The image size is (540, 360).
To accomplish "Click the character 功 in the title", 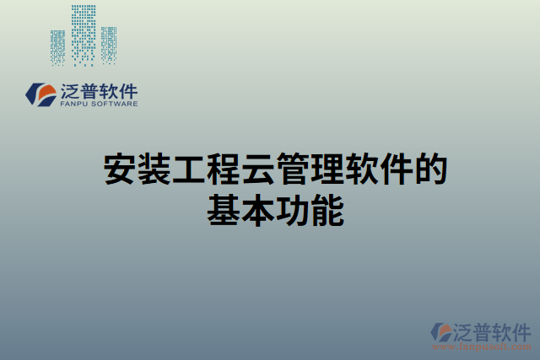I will click(x=292, y=210).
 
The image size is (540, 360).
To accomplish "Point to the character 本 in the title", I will click(x=257, y=210).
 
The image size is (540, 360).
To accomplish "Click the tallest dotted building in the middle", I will click(x=84, y=34).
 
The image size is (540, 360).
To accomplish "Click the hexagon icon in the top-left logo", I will click(x=39, y=94).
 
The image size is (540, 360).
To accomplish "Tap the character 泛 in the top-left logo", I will click(x=70, y=89).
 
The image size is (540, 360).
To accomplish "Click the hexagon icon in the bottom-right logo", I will click(x=440, y=332).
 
